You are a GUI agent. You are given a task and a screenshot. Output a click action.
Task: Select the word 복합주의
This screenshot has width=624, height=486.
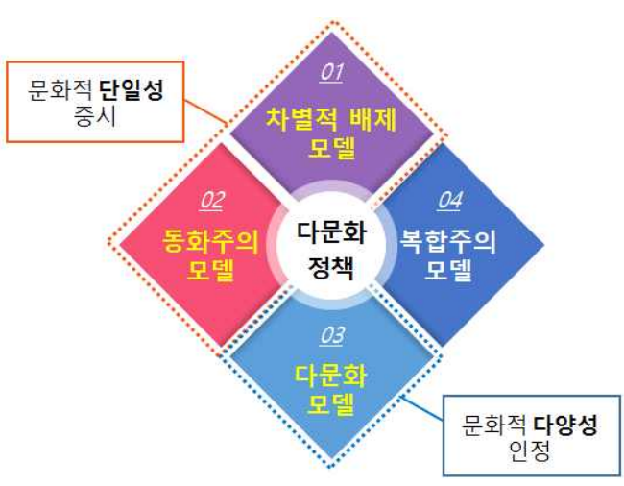[449, 240]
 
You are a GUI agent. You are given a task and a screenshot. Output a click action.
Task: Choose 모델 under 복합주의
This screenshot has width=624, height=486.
[449, 271]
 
